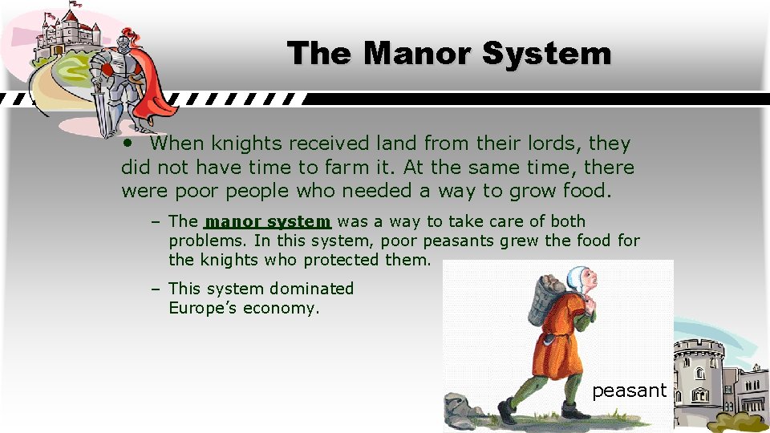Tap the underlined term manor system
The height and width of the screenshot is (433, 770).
click(268, 221)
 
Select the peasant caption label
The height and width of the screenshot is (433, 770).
click(629, 391)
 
